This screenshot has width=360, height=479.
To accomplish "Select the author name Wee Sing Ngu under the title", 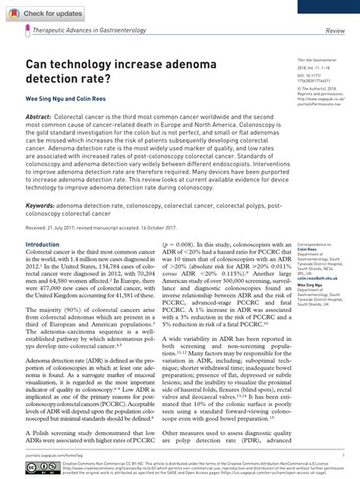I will coord(46,99).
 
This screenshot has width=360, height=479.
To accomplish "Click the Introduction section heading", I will coord(43,244).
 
